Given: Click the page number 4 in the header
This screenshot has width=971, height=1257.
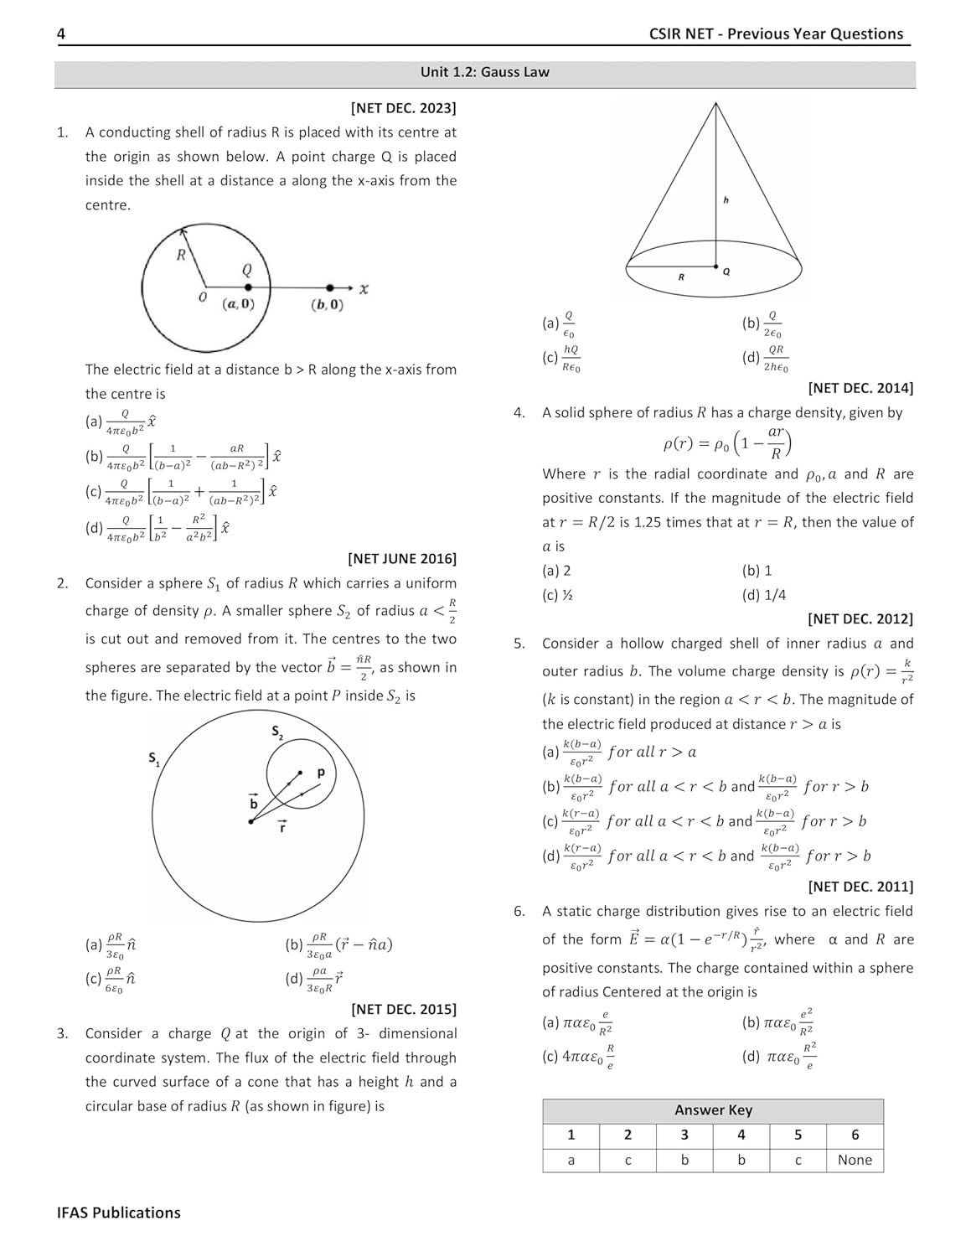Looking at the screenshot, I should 61,34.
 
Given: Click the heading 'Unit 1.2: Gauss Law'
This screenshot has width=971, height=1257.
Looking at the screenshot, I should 484,72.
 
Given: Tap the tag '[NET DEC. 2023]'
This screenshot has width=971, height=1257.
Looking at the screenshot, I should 403,107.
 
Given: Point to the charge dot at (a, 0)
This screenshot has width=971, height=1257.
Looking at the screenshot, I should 248,287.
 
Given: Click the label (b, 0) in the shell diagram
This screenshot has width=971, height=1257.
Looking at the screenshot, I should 327,305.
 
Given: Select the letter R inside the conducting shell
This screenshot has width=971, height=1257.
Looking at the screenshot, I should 181,255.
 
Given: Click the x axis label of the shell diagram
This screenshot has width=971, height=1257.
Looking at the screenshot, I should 364,289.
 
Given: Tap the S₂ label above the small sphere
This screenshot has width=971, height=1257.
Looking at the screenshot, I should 277,732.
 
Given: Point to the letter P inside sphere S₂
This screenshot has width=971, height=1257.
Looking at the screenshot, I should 320,773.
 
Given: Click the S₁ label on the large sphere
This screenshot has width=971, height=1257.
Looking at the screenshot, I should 155,759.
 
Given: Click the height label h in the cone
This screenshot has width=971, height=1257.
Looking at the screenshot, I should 726,199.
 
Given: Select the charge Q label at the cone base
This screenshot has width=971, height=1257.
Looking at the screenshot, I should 726,272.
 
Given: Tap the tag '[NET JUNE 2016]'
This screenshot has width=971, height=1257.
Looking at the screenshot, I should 402,558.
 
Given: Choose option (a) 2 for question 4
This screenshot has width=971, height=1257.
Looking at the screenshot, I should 557,571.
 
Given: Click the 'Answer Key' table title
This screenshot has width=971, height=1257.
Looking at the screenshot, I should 713,1110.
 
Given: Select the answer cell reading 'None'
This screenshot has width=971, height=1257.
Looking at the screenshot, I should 855,1160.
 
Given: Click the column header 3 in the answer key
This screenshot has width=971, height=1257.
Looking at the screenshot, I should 684,1135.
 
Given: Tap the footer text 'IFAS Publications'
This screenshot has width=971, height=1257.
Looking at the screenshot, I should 119,1213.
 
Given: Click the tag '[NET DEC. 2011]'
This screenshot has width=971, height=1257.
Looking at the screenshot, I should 860,886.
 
